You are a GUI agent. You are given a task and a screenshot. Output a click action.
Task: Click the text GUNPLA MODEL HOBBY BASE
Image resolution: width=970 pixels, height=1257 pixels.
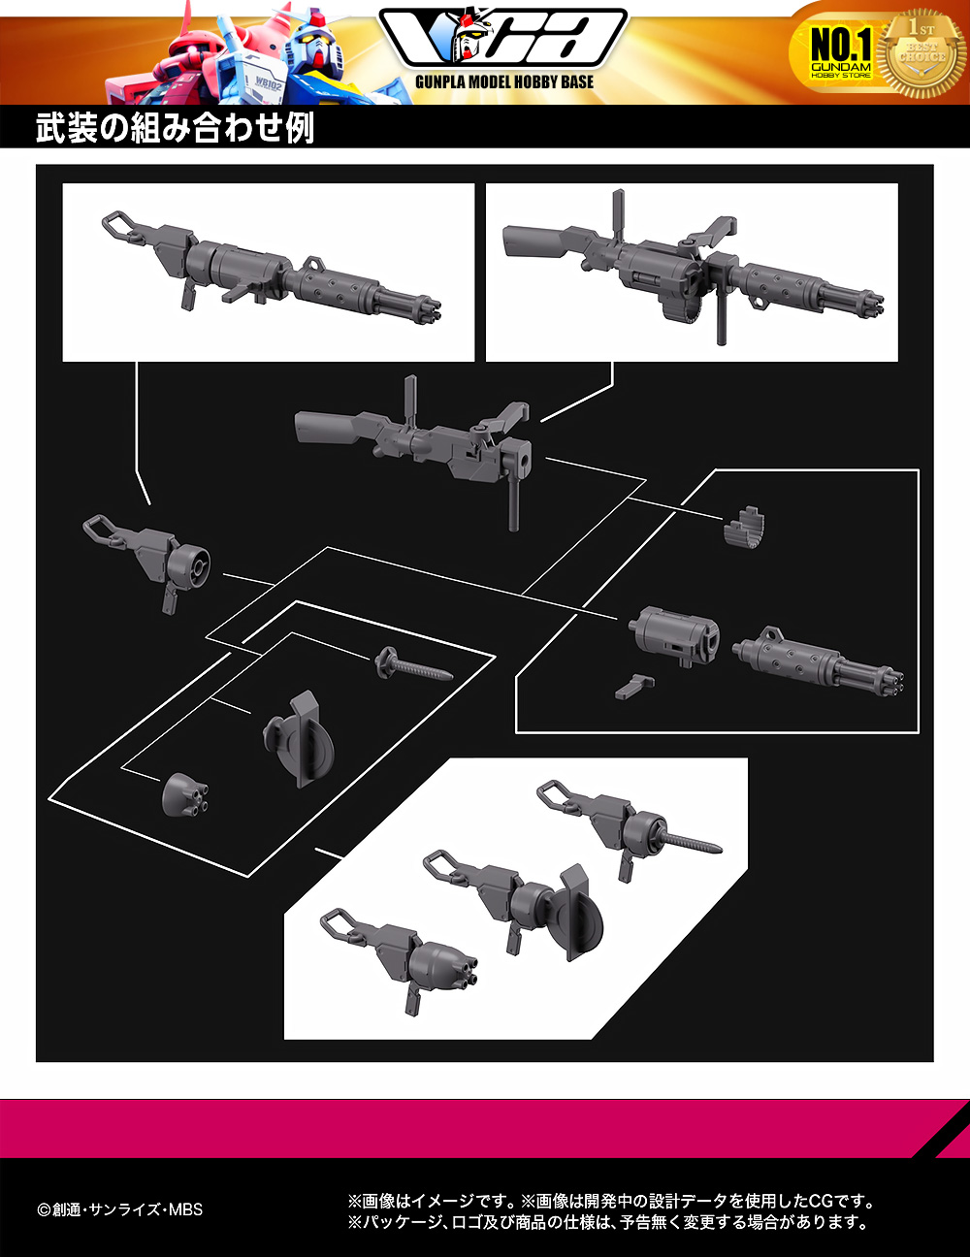[x=504, y=82]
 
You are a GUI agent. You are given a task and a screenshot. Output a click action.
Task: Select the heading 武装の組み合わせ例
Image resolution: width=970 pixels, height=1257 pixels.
[x=176, y=127]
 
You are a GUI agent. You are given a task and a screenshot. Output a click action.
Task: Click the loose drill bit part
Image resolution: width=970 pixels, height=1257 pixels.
[x=413, y=664]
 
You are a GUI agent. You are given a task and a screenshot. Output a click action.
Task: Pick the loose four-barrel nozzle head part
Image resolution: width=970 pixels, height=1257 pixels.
[x=185, y=793]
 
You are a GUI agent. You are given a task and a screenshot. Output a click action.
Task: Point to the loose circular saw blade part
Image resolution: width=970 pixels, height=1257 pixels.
[x=299, y=739]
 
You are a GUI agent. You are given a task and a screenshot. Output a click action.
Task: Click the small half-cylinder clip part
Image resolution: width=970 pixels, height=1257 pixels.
[x=744, y=527]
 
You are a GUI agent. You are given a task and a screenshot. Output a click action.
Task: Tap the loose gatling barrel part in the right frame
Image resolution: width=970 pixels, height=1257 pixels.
[x=818, y=662]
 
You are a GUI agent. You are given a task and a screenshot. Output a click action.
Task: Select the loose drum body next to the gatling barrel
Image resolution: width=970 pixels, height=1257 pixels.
[x=674, y=636]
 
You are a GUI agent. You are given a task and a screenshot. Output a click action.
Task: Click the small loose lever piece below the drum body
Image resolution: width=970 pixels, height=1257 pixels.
[x=634, y=687]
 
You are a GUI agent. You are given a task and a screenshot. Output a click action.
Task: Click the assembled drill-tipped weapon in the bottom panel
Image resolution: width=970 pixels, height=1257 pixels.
[x=630, y=828]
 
